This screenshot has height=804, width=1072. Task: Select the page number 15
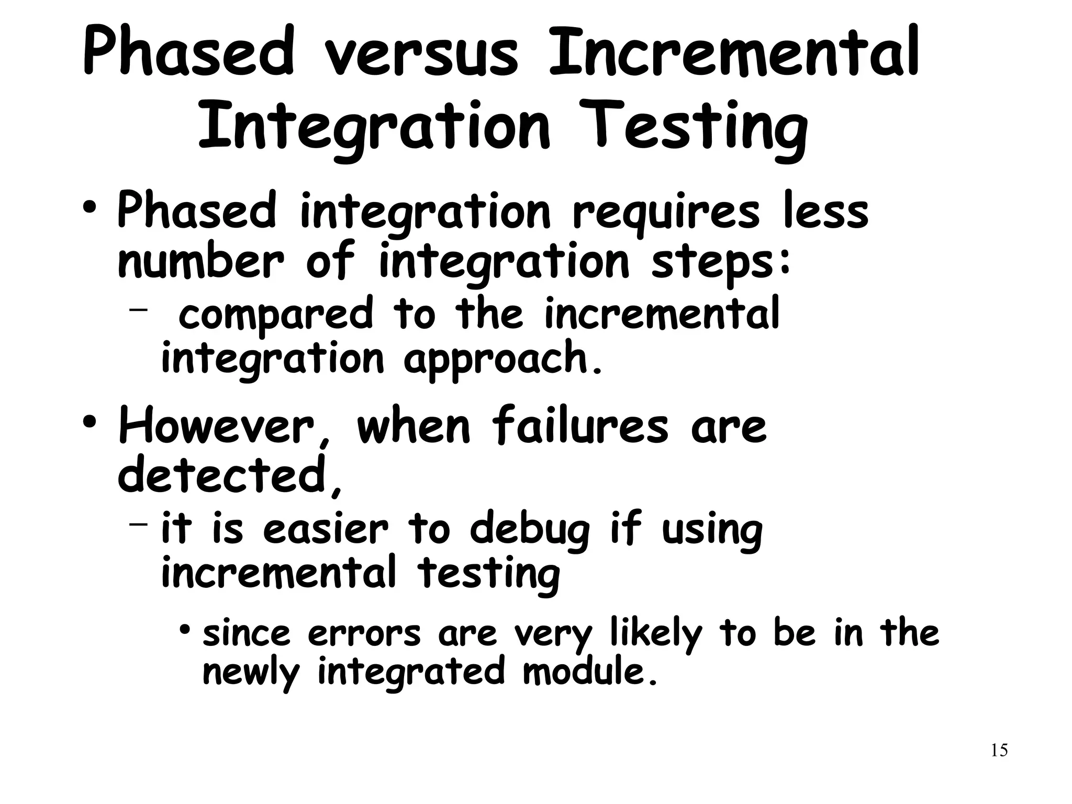point(999,750)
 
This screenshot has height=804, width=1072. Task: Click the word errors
point(364,634)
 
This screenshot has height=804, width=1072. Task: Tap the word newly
point(250,672)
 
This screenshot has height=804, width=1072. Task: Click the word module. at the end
point(590,671)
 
